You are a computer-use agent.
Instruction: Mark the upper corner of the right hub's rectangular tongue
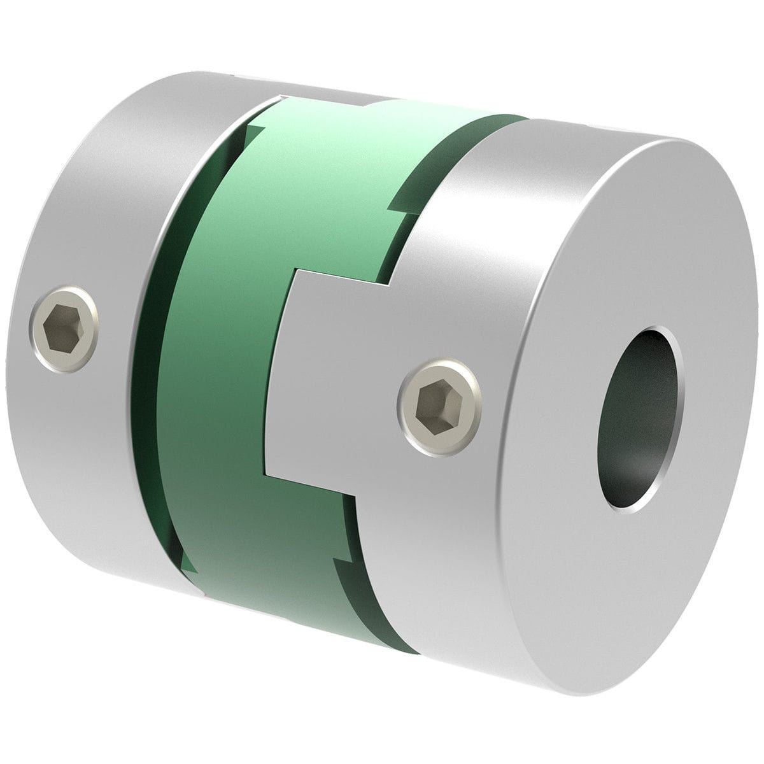tap(294, 271)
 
